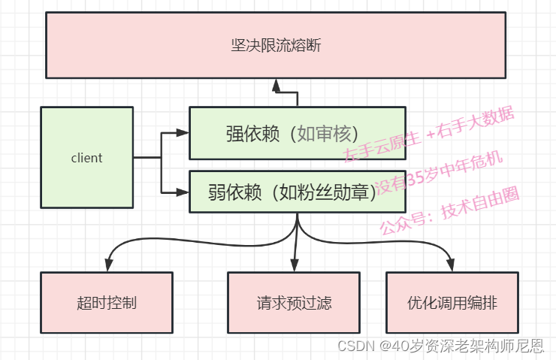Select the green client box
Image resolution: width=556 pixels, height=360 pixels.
point(86,157)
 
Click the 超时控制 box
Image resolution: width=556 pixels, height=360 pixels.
point(106,303)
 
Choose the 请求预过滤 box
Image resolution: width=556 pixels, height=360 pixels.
point(294,303)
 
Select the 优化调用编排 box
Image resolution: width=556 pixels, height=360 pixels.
point(452,303)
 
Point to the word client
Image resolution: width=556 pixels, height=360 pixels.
point(86,158)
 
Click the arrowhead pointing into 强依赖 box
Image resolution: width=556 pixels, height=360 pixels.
point(182,133)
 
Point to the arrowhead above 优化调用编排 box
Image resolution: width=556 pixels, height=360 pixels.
point(452,265)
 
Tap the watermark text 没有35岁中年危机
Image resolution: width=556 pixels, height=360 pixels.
point(438,172)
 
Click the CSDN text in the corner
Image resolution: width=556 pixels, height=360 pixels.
point(352,346)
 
